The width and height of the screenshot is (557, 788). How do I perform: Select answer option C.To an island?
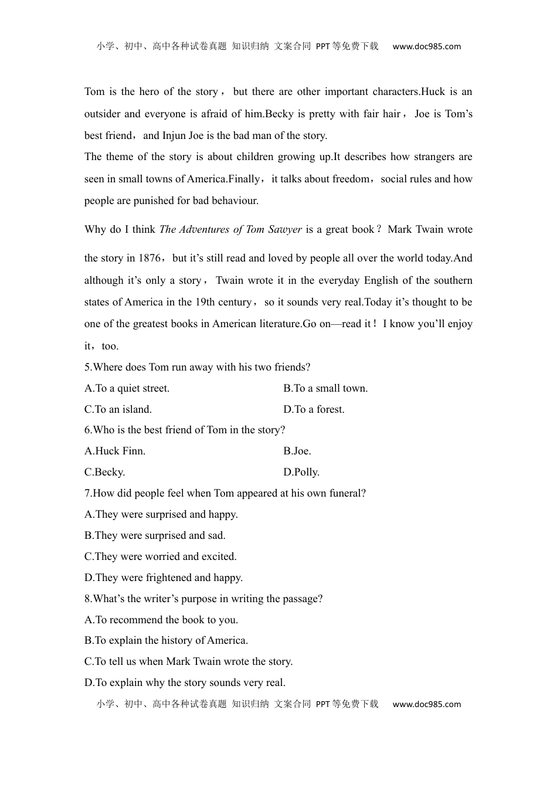tap(118, 409)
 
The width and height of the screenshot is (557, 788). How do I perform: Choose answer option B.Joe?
tap(297, 451)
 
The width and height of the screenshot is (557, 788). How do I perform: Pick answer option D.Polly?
tap(301, 472)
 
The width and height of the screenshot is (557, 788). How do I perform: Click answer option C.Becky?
tap(105, 472)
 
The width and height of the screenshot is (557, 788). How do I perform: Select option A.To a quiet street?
tap(127, 388)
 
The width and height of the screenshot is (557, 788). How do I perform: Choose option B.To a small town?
tap(325, 388)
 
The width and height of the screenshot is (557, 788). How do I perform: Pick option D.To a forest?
tap(314, 409)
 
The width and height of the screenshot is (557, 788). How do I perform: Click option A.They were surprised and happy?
tap(161, 514)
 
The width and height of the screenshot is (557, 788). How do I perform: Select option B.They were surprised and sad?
tap(155, 535)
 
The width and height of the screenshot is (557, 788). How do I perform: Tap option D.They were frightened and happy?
tap(164, 578)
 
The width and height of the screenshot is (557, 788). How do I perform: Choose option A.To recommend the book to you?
tap(161, 620)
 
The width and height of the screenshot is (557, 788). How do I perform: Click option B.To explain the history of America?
tap(166, 640)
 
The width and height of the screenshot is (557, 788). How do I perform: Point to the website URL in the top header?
tap(427, 46)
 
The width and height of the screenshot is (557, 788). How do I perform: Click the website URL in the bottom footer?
tap(427, 704)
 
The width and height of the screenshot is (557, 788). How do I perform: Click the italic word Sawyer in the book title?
tap(285, 229)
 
